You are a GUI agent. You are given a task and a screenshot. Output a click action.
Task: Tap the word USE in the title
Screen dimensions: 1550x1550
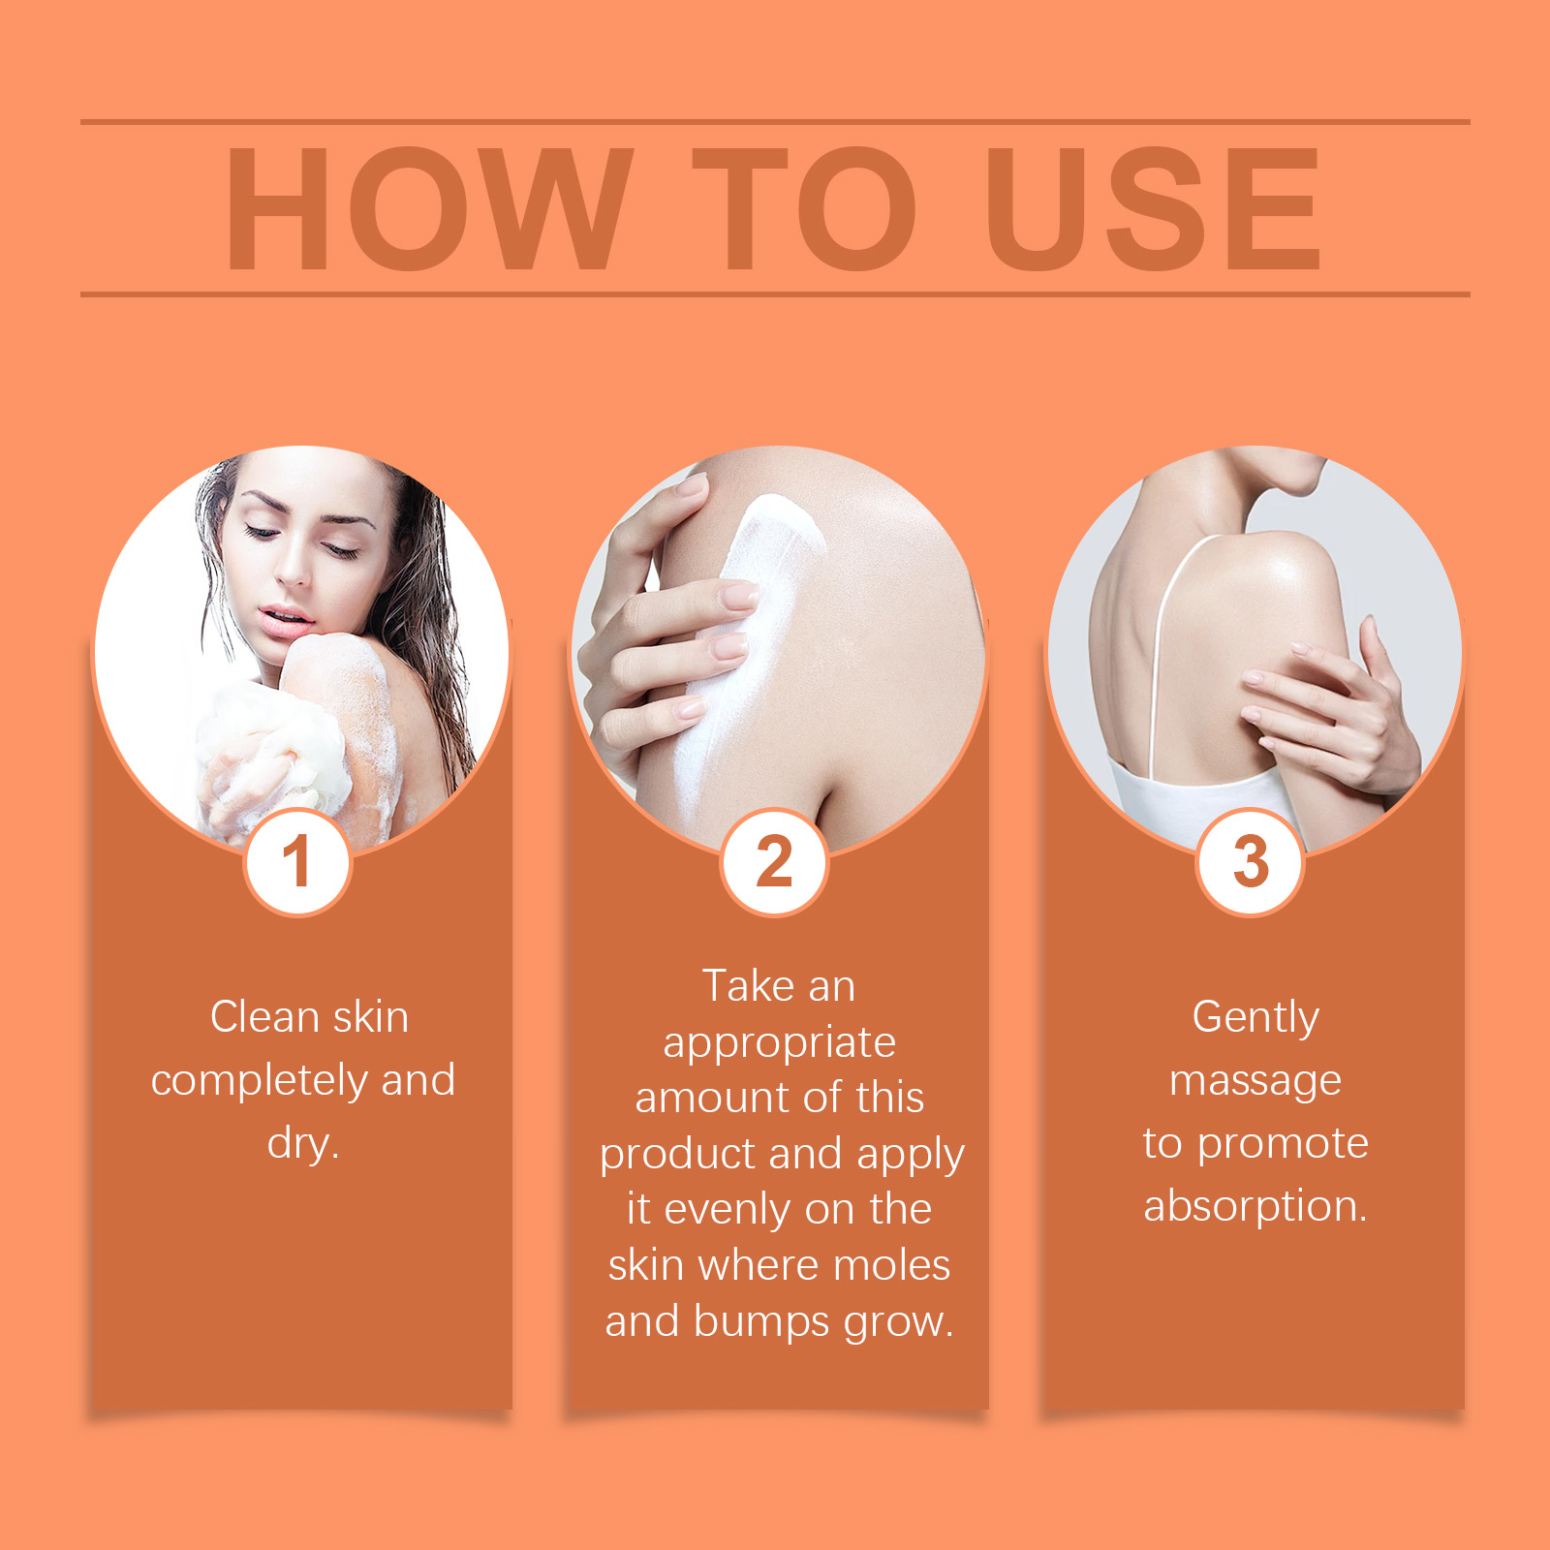[1153, 208]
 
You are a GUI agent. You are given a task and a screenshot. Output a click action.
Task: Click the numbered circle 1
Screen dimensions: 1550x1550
[296, 861]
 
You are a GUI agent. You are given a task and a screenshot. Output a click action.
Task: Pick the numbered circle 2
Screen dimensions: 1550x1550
[774, 861]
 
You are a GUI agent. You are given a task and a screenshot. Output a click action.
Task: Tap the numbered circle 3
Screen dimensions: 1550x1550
[1251, 861]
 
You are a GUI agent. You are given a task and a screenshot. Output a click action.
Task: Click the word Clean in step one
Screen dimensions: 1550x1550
[264, 1017]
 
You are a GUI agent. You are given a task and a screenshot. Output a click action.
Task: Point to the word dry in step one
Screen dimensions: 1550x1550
[302, 1144]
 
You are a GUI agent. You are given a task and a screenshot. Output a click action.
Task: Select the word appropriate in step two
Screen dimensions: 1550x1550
[780, 1044]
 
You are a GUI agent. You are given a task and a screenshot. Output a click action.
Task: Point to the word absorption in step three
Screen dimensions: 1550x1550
[1255, 1207]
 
